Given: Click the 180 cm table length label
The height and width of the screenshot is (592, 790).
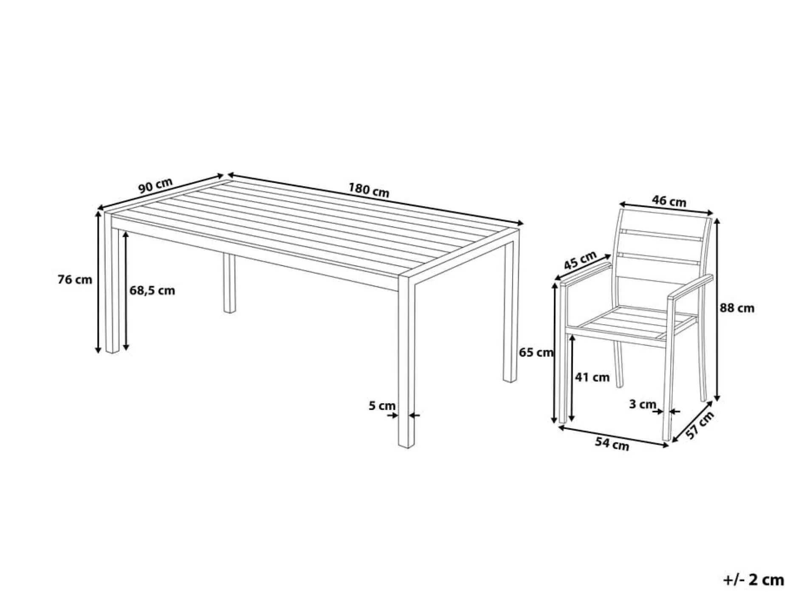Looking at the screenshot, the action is (369, 190).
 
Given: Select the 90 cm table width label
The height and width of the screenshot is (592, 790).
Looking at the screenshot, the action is (156, 186).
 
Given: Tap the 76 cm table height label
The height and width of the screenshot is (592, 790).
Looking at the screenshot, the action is (75, 280).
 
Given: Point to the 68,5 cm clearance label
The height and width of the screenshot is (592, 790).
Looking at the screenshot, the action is (152, 291).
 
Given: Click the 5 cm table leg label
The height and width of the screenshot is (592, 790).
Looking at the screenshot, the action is (382, 406).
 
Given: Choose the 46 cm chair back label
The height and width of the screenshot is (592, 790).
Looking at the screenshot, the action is (669, 200).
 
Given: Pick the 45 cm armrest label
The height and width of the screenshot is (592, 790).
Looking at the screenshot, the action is (580, 260).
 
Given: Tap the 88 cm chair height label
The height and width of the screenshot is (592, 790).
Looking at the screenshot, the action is (737, 308).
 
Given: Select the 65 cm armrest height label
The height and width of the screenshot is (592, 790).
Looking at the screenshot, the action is (536, 352).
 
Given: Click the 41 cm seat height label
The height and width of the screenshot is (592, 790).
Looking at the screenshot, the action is (592, 377).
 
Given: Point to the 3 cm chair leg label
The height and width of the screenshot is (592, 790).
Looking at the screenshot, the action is (643, 404).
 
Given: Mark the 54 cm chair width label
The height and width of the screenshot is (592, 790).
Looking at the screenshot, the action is (612, 443).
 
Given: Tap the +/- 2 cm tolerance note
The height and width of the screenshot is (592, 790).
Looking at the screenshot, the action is (753, 579).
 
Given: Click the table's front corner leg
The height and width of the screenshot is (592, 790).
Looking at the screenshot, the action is (406, 361).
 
